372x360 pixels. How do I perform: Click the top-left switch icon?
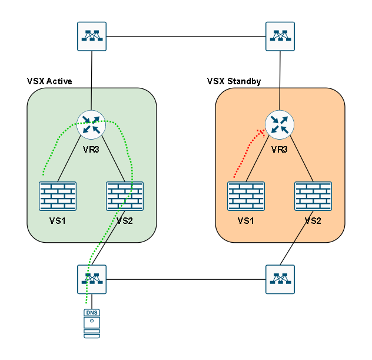click(x=91, y=37)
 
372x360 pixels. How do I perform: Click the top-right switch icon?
click(x=280, y=37)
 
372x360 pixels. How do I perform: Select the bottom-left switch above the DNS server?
click(x=91, y=279)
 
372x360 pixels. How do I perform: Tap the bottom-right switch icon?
click(x=280, y=279)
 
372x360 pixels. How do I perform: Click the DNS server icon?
click(x=91, y=323)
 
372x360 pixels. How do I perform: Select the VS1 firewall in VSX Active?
click(x=58, y=196)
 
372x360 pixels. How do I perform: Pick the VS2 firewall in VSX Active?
click(x=124, y=196)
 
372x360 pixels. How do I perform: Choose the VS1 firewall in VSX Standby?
click(x=246, y=196)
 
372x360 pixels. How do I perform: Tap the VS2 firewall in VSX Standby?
click(x=313, y=196)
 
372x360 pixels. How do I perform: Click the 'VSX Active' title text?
click(x=49, y=81)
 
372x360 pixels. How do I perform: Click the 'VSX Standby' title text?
click(x=234, y=81)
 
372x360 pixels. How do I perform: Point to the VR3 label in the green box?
click(x=91, y=150)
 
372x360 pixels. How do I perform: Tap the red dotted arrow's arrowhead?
click(x=260, y=133)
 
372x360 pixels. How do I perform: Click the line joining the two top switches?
click(x=185, y=37)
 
